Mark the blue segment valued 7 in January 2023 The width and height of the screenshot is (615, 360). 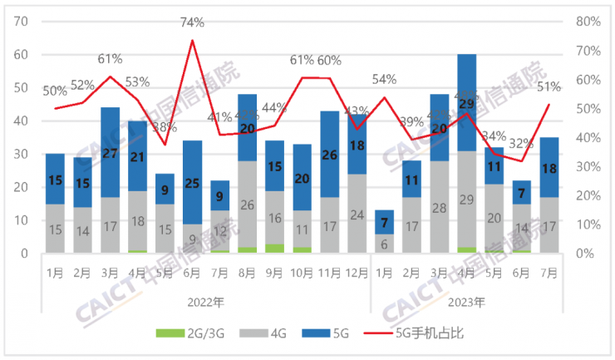[x=384, y=222]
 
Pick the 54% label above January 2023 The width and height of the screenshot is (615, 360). [x=384, y=79]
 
